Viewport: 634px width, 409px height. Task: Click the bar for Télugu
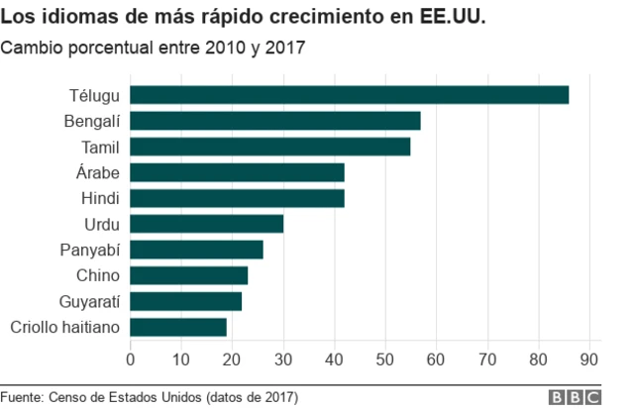pos(350,95)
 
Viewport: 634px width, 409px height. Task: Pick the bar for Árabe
pos(238,172)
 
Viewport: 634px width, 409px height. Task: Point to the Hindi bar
pos(238,198)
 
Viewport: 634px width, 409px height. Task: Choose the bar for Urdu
pos(207,224)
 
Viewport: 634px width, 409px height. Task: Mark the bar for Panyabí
pos(197,250)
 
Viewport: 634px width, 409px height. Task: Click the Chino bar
pos(189,275)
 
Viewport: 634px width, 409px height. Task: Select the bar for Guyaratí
pos(186,301)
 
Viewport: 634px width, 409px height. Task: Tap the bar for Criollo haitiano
pos(178,327)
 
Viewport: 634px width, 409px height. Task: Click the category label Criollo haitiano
pos(64,327)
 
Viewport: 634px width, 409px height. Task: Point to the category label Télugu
pos(94,96)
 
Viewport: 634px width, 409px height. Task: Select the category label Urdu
pos(102,224)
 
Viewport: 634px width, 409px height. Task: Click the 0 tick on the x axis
pos(131,358)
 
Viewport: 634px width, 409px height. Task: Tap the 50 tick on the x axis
pos(385,358)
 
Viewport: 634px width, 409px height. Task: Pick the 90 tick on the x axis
pos(589,358)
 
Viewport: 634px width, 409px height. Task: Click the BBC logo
pos(576,396)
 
